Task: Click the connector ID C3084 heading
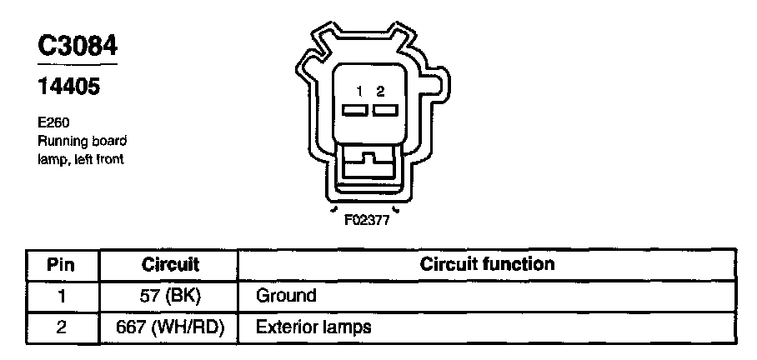coord(78,46)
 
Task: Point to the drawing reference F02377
coord(368,222)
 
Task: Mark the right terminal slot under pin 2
coord(383,110)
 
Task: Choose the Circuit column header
coord(170,265)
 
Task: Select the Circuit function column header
coord(487,264)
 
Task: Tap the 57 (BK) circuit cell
coord(170,296)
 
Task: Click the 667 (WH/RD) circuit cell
coord(170,327)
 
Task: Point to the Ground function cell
coord(286,296)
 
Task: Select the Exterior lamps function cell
coord(313,327)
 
